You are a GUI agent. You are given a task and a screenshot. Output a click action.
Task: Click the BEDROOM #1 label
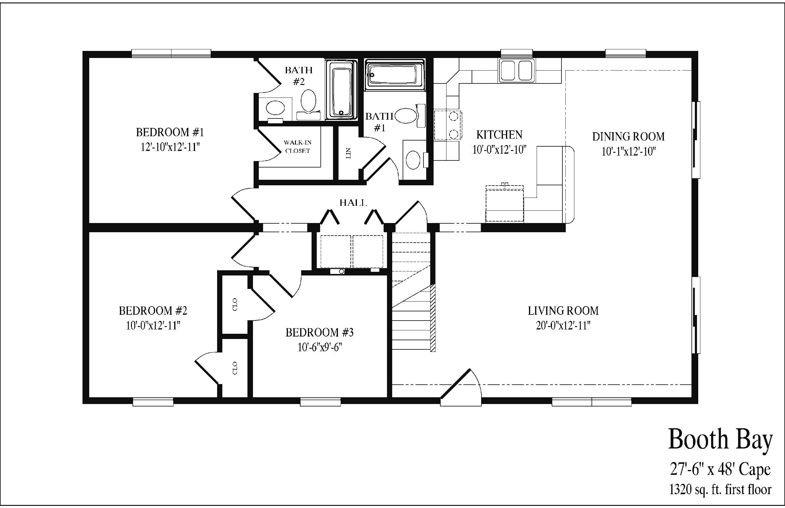click(x=170, y=132)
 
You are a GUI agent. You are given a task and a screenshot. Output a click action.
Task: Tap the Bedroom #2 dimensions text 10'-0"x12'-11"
click(x=153, y=325)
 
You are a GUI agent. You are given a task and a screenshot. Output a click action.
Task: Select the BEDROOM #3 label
click(x=320, y=332)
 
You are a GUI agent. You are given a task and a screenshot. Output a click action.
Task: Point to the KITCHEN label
click(x=499, y=135)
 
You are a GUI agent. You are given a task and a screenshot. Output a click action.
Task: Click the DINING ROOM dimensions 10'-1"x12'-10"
click(x=628, y=152)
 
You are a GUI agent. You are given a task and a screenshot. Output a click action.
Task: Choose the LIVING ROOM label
click(x=563, y=310)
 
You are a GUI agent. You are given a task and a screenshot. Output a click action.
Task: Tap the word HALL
click(x=353, y=202)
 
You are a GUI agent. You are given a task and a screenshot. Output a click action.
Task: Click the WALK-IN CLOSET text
click(x=297, y=146)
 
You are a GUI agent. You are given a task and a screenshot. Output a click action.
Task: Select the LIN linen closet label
click(x=348, y=153)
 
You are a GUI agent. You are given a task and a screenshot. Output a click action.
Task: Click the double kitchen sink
click(x=517, y=70)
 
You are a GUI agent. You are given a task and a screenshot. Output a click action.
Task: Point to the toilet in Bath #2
click(x=308, y=104)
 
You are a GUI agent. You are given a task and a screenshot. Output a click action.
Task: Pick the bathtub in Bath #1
click(x=394, y=75)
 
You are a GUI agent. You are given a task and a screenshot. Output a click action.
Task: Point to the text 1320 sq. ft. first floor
click(x=720, y=489)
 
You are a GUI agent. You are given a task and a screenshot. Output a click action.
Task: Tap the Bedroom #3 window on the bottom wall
click(x=320, y=402)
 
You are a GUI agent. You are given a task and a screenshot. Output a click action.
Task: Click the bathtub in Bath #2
click(x=342, y=90)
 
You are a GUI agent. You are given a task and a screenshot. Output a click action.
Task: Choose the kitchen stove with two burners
click(x=448, y=125)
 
